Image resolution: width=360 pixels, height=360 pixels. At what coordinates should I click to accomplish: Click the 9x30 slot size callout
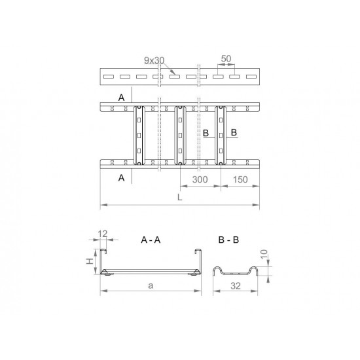coord(154,60)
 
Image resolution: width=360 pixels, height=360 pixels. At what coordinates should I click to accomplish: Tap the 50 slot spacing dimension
coord(226,59)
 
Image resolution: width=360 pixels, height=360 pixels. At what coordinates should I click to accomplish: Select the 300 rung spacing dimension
coord(200,179)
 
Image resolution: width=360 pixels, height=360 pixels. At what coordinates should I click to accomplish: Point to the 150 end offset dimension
coord(240,179)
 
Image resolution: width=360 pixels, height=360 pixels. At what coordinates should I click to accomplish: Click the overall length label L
coord(180,197)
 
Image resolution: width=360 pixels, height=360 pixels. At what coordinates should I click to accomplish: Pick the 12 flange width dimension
coord(103,234)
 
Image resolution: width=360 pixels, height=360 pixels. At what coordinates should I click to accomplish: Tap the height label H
coord(90,261)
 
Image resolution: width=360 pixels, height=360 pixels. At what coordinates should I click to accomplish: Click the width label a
coord(151,285)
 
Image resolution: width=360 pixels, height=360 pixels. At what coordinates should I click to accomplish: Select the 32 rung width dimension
coord(236,286)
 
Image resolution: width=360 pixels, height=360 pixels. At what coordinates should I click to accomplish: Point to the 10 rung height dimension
coord(264,254)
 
